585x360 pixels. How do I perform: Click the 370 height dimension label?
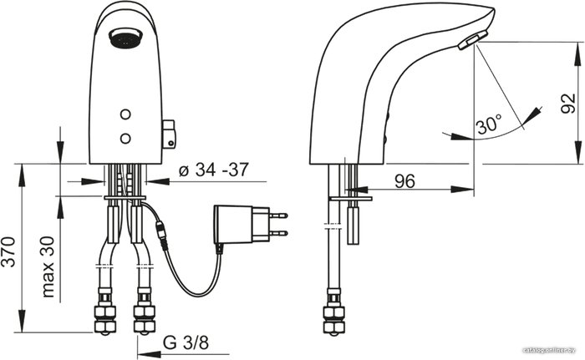point(9,251)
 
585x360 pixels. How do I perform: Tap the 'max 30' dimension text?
point(48,266)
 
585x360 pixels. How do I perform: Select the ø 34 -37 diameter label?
point(213,170)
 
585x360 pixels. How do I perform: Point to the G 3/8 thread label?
point(186,342)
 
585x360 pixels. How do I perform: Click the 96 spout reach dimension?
point(404,181)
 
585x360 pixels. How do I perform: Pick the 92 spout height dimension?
point(568,104)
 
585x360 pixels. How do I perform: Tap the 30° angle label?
point(489,124)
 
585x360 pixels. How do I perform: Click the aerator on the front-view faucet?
point(125,38)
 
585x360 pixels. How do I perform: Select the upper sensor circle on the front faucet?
point(125,114)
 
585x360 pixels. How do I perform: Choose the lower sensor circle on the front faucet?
point(125,139)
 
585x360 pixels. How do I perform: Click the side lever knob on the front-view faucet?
point(169,134)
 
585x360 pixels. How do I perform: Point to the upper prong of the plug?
point(278,215)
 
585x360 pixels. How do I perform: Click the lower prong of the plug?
point(278,234)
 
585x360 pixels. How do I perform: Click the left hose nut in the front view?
point(104,320)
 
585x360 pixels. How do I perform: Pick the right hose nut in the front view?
point(144,320)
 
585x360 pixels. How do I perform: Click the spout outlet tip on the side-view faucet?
point(473,40)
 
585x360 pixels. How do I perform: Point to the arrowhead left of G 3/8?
point(150,354)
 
